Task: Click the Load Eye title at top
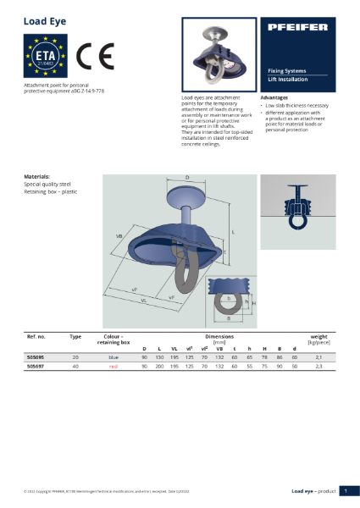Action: [38, 18]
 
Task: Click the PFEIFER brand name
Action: [299, 29]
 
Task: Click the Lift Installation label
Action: [288, 79]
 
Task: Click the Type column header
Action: [75, 336]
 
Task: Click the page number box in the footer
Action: [346, 490]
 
